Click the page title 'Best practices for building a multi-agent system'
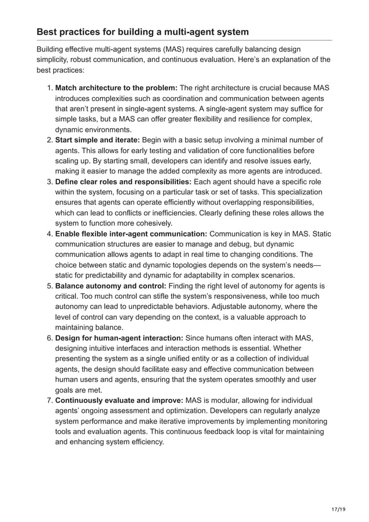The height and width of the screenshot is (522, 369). [x=143, y=31]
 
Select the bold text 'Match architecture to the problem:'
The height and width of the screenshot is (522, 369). [x=116, y=88]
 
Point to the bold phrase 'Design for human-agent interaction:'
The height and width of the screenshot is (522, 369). [x=119, y=338]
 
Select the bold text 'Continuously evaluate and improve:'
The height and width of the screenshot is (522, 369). [x=119, y=401]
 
